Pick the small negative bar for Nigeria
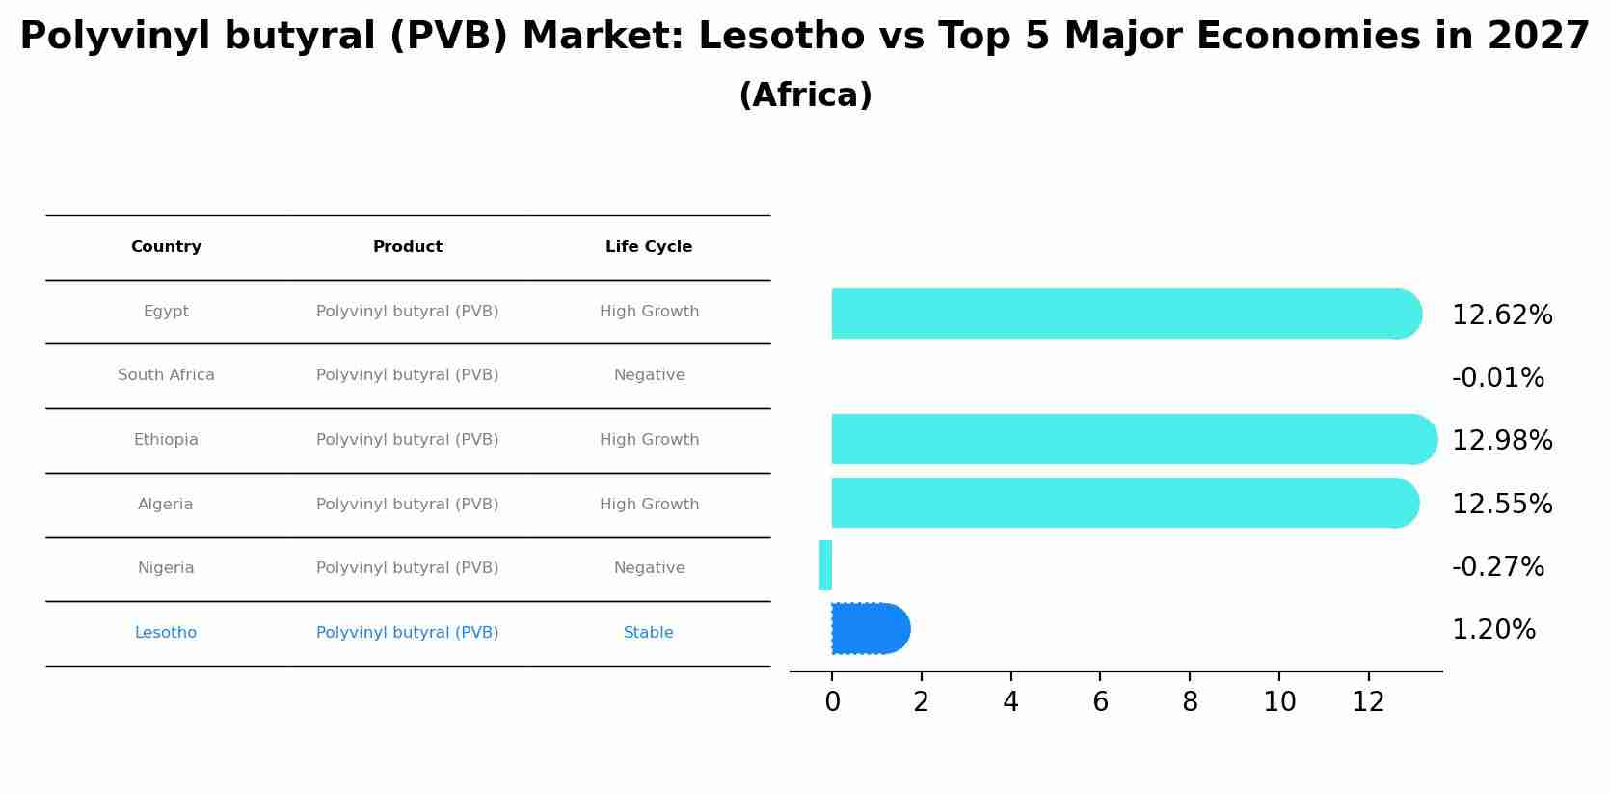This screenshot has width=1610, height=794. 825,565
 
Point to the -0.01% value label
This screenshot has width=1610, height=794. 1497,378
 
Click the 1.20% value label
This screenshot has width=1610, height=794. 1493,630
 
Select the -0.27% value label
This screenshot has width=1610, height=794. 1497,567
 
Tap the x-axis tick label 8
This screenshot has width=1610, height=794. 1190,702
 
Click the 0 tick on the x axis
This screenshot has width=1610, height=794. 832,702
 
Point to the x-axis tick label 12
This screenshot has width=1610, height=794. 1368,702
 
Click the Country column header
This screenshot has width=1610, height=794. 166,247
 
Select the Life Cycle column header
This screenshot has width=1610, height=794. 649,247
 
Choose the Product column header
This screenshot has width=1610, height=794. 408,247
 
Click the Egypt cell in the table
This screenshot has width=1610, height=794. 166,312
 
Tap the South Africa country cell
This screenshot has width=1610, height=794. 166,375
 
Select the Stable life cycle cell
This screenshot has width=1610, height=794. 649,633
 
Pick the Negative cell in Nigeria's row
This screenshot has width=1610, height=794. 649,568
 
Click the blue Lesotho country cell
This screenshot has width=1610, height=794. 166,633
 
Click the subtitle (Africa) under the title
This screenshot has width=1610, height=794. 805,96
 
